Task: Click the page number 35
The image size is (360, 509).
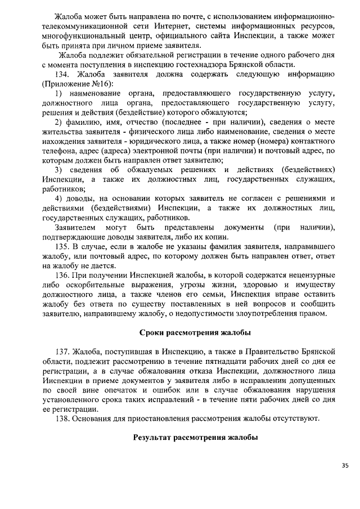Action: pos(345,465)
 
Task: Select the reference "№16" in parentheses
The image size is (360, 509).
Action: pos(99,84)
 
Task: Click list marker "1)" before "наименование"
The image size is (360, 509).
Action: pos(58,93)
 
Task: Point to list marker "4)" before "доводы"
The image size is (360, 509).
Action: pos(58,199)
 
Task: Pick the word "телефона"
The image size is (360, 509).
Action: pos(60,151)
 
